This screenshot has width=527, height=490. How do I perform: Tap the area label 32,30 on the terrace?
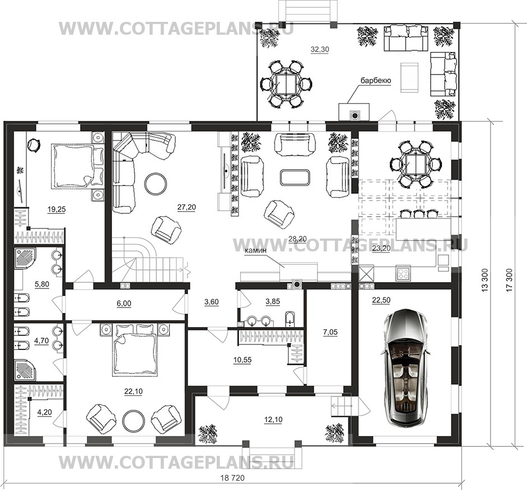pos(320,49)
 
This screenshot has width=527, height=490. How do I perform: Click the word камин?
pos(255,250)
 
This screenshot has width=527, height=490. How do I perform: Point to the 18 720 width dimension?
pos(232,478)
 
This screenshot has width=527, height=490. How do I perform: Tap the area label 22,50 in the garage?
pos(381,301)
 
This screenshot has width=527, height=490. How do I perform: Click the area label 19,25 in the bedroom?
pos(57,209)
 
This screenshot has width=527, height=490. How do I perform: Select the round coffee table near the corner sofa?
pos(155,183)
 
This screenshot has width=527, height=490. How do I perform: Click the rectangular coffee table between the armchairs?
pos(295,177)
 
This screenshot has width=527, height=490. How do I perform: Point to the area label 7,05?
pos(330,333)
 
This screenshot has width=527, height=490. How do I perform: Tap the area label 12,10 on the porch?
pos(273,419)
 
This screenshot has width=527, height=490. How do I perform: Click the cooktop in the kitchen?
pos(403,273)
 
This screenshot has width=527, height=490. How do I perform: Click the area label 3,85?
pos(273,301)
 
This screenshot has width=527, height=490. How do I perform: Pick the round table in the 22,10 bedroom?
pos(133,421)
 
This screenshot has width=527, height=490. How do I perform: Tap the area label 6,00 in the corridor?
pos(124,304)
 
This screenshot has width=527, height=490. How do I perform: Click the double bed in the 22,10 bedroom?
pos(135,349)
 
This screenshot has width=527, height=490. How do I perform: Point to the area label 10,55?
pos(242,360)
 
